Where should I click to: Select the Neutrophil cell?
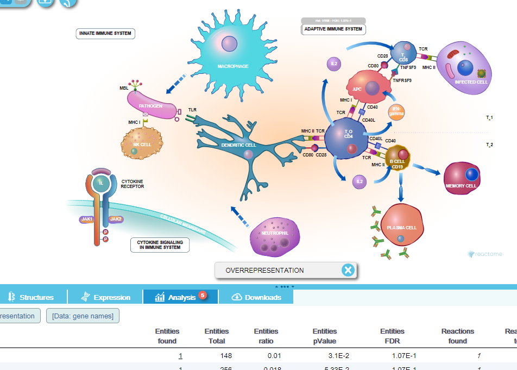tap(274, 235)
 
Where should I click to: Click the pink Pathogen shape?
tap(152, 105)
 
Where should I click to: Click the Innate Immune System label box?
tap(105, 34)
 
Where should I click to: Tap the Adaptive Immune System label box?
tap(333, 29)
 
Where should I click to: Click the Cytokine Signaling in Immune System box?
tap(160, 245)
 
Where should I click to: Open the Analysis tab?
tap(181, 297)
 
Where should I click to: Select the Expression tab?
tap(106, 297)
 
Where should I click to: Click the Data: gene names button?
tap(83, 316)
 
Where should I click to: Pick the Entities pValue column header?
tap(325, 336)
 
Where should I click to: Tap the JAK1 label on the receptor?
tap(87, 219)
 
